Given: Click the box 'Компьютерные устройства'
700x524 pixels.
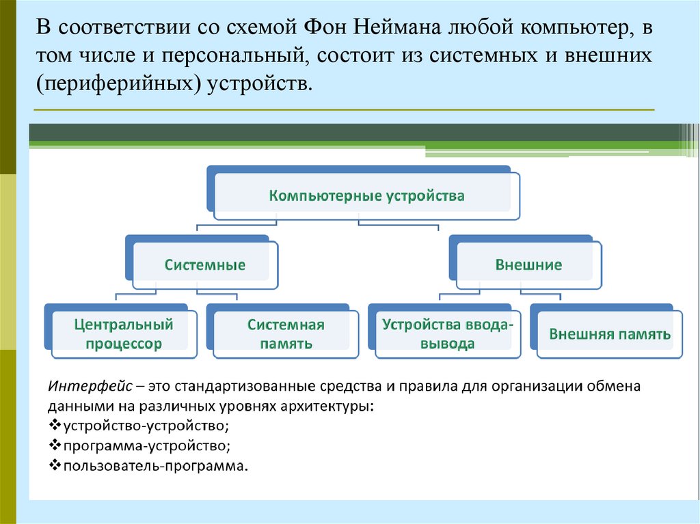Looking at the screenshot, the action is coord(366,196).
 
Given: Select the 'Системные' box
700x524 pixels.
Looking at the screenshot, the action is coord(204,265).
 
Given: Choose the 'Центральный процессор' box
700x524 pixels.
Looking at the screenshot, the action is coord(123,334).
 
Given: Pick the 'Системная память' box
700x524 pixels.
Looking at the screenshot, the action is coord(285,334).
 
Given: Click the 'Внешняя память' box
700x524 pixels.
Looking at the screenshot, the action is coord(610,335).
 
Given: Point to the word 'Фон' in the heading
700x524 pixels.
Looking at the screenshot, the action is coord(325,29).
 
